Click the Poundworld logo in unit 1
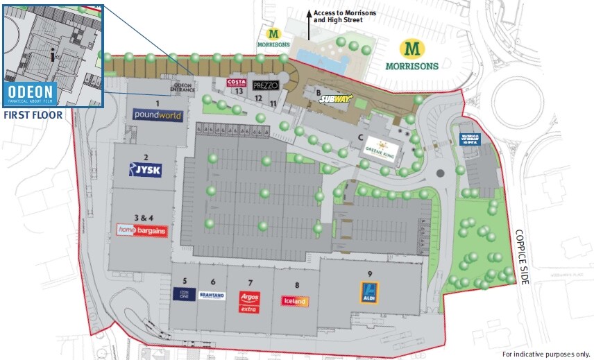[158, 115]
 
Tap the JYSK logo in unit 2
[145, 169]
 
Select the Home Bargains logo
[142, 230]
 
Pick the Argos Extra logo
[248, 300]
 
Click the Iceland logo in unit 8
[295, 301]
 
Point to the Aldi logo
[369, 292]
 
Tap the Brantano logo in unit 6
[212, 295]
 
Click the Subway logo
[336, 99]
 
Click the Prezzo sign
[266, 85]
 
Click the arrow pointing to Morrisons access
[309, 24]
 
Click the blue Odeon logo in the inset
[30, 96]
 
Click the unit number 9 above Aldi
[371, 273]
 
